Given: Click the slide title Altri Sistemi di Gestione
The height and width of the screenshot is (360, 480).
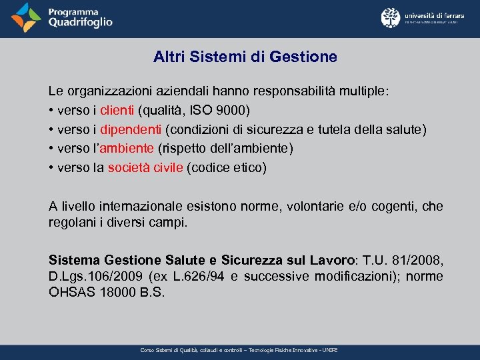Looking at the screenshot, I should (245, 57).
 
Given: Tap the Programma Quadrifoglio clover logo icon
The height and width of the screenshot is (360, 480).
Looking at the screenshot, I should (25, 18).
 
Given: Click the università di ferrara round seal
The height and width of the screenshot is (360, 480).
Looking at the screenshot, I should (390, 17).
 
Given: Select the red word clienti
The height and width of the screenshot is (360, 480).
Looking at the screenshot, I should (118, 109).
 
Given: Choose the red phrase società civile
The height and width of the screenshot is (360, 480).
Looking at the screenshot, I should (145, 167).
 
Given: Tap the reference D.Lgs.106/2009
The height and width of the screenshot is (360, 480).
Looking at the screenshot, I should (88, 276).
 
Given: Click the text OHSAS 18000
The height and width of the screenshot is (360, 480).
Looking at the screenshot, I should (86, 292).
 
